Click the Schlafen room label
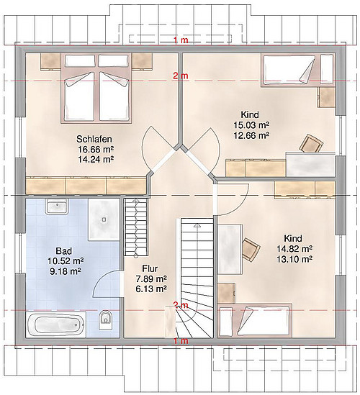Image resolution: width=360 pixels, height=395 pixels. [94, 139]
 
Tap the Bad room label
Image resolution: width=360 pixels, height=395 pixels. [64, 251]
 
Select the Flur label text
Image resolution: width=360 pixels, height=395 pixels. [150, 268]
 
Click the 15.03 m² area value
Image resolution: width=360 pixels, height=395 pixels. [251, 125]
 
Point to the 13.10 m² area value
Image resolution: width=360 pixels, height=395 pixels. [294, 259]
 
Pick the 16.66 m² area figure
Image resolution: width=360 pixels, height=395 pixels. [96, 149]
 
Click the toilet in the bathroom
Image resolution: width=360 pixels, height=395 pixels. [105, 319]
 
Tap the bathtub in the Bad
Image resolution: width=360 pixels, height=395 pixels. [55, 324]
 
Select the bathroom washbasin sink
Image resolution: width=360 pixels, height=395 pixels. [57, 206]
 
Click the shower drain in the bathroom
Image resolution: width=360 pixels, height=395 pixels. [104, 219]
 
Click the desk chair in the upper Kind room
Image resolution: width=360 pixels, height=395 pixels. [311, 144]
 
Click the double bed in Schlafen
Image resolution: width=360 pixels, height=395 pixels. [96, 88]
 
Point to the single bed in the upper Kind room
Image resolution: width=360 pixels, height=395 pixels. [298, 71]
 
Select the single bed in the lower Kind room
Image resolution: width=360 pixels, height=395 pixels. [255, 321]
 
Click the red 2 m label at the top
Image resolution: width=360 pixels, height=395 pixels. [181, 76]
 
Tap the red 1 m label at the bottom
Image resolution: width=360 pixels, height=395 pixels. [181, 341]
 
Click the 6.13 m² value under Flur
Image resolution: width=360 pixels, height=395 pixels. [151, 289]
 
